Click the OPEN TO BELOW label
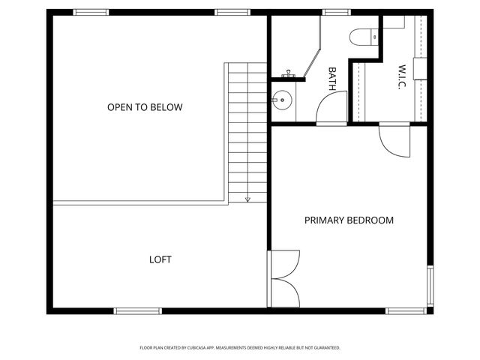point(145,107)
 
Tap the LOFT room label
point(160,259)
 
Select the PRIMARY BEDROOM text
point(349,220)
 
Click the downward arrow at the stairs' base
point(247,199)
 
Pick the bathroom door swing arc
point(328,109)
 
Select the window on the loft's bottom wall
point(137,310)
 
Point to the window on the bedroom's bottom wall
point(406,310)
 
